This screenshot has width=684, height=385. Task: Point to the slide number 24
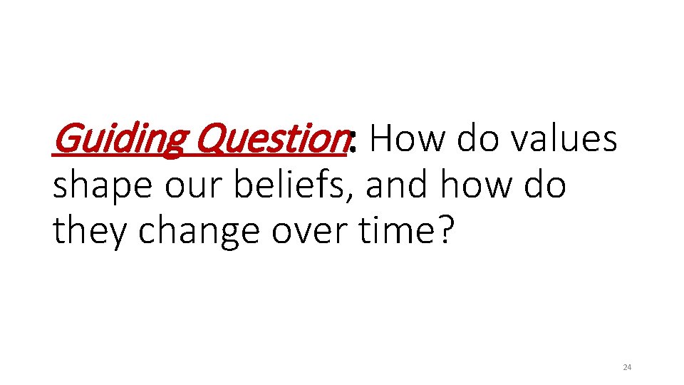(627, 367)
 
